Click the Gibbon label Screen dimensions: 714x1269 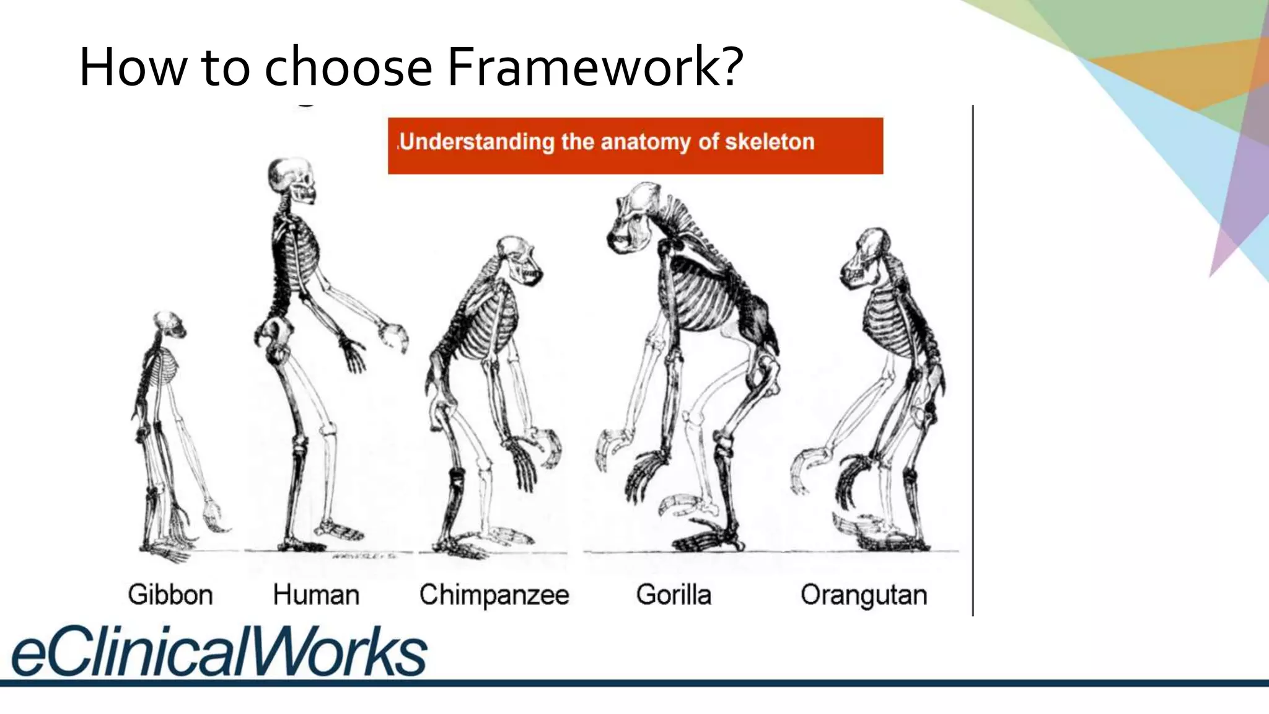[x=170, y=595]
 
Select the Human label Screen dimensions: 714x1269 [x=316, y=595]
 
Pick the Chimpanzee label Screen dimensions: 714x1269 [x=494, y=595]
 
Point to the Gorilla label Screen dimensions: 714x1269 [x=674, y=595]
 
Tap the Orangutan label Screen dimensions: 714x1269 [x=864, y=595]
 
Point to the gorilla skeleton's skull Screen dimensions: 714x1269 [x=635, y=217]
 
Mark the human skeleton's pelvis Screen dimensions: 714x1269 [x=274, y=338]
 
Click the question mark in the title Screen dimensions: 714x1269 [x=731, y=67]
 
